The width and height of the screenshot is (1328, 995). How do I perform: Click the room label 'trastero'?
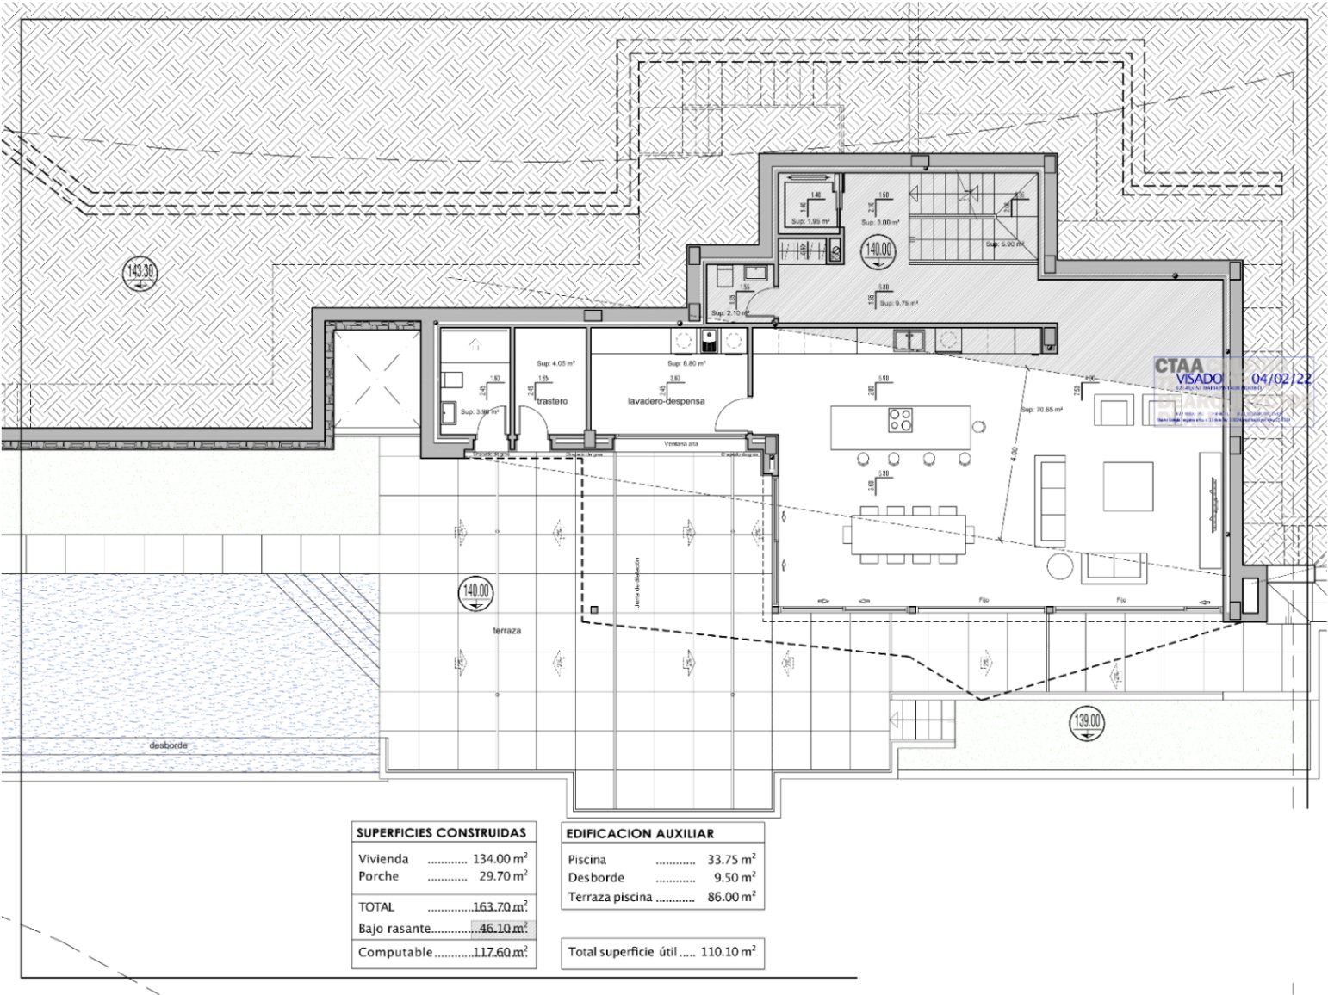[x=550, y=401]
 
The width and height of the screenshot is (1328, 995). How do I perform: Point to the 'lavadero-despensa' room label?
[x=666, y=401]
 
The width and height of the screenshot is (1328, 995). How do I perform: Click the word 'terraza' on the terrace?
[x=506, y=631]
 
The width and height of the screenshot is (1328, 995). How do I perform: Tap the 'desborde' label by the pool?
[x=168, y=745]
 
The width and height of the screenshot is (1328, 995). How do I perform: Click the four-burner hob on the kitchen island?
[x=901, y=422]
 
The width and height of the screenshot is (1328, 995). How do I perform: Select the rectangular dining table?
[x=908, y=535]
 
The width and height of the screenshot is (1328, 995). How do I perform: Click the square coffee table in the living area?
[x=1127, y=487]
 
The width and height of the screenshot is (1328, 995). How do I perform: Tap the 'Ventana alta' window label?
[x=681, y=444]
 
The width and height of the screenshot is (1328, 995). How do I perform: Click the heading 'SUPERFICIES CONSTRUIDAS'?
[x=441, y=833]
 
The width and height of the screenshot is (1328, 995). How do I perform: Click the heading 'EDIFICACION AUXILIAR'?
[x=640, y=833]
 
